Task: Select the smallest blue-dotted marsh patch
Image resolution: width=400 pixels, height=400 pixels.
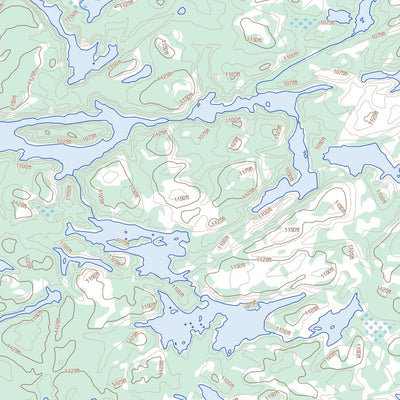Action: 46,211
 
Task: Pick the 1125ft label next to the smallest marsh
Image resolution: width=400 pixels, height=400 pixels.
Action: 20,208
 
